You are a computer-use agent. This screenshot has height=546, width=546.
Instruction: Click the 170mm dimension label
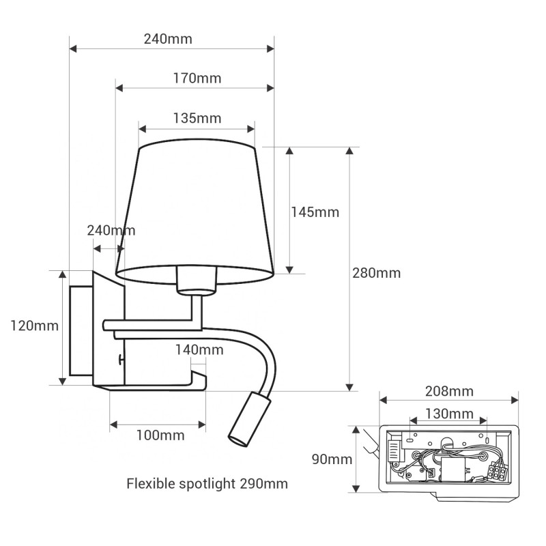(x=197, y=78)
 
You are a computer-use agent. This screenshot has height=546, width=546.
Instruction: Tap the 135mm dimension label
(x=197, y=118)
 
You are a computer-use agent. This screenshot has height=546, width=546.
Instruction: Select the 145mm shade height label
(x=315, y=212)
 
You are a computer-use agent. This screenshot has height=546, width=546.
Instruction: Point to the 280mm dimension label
(x=376, y=274)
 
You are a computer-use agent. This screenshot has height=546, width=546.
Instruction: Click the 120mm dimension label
(x=34, y=326)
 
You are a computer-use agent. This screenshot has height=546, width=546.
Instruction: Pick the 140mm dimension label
(x=199, y=350)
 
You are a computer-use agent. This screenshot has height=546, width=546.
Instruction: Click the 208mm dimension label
(x=449, y=391)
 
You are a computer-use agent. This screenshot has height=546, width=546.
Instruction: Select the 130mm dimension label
(x=449, y=414)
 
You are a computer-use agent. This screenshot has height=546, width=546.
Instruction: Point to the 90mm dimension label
(x=332, y=459)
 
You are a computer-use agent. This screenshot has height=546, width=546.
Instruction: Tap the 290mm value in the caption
(x=263, y=484)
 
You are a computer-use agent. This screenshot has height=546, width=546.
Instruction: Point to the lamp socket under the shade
(x=196, y=280)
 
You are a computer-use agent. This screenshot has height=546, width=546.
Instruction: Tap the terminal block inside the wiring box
(x=498, y=470)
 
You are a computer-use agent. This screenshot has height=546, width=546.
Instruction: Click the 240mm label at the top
(x=168, y=39)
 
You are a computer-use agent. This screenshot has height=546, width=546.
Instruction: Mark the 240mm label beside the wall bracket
(x=111, y=231)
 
